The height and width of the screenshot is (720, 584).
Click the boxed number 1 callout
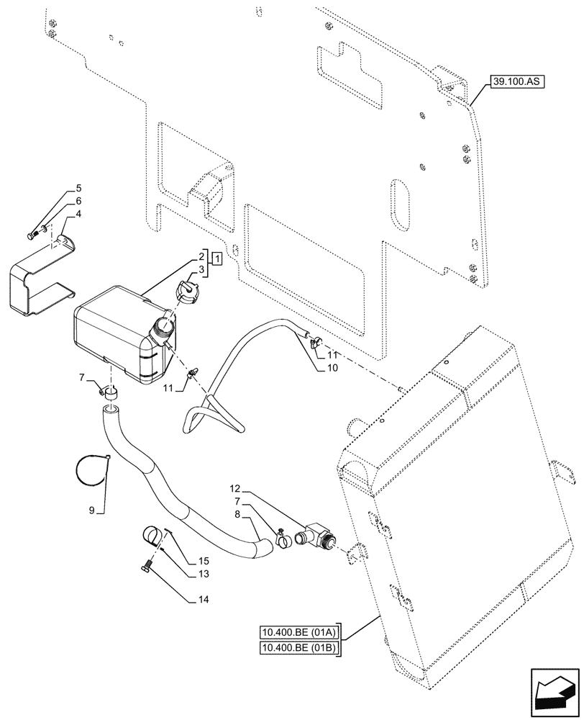216,258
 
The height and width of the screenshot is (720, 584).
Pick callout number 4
78,214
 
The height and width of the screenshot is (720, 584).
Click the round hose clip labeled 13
152,537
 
